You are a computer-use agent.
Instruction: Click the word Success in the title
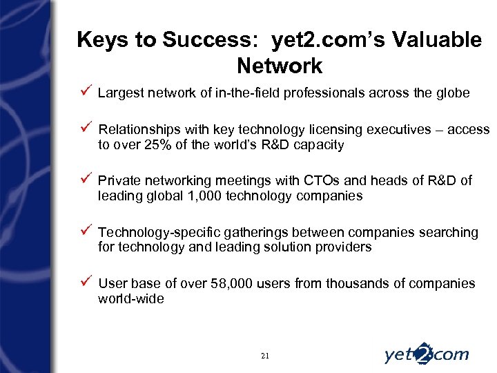(211, 40)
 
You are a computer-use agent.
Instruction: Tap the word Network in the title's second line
(279, 66)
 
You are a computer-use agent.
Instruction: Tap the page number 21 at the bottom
(266, 356)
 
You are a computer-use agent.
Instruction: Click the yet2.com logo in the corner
(426, 354)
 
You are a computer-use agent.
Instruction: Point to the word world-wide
(131, 299)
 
